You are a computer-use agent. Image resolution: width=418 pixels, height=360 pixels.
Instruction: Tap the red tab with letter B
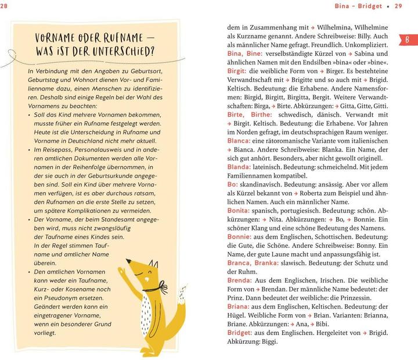tap(407, 39)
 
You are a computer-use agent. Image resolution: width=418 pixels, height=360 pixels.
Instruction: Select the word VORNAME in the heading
tap(57, 37)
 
